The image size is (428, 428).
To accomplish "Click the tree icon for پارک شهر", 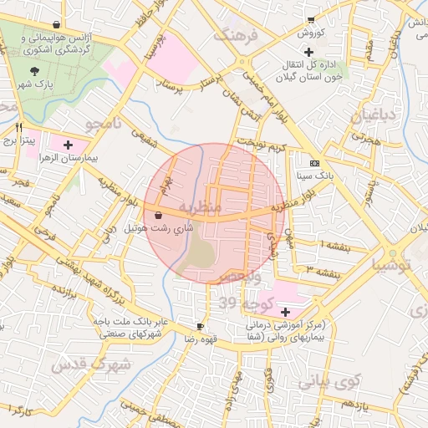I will [x=34, y=72].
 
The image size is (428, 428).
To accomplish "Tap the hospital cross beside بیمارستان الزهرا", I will [x=68, y=145].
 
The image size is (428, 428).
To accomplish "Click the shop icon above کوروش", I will [x=311, y=20].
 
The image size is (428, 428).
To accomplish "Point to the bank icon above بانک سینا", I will [x=314, y=163].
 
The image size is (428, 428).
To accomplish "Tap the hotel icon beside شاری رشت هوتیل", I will [x=159, y=215].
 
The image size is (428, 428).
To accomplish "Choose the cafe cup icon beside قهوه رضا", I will [x=201, y=326].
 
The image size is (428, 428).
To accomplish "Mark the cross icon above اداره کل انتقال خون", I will [x=308, y=52].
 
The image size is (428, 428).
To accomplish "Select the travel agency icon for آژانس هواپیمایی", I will [x=56, y=25].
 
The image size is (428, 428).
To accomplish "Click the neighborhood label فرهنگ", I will [x=236, y=36].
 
